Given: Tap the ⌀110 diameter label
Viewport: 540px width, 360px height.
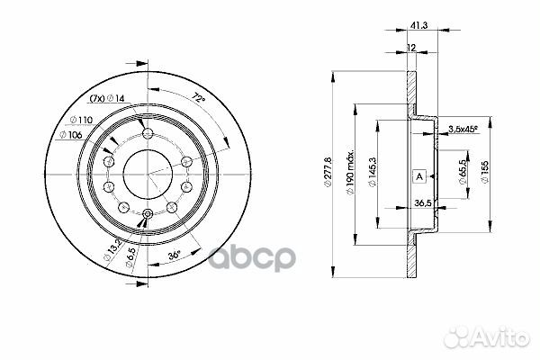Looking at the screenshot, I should pos(83,120).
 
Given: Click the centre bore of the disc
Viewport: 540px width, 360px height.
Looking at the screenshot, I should pos(147,174).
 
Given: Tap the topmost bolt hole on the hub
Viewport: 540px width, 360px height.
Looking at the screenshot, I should pos(147,134).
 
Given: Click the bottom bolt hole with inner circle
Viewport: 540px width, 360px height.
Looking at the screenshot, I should pos(147,213).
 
